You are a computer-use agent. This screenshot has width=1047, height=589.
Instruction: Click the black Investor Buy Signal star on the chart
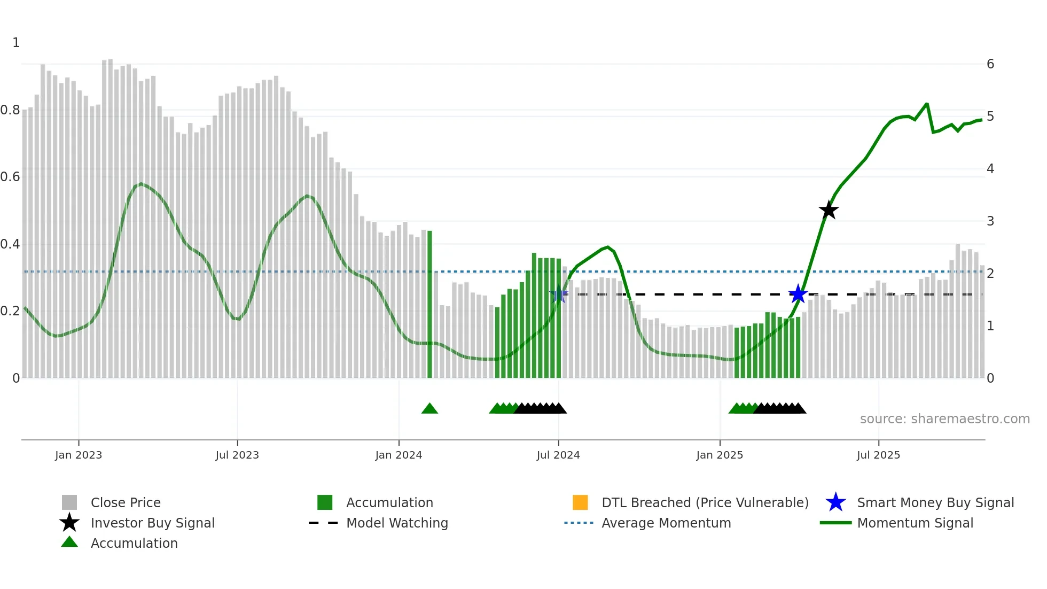point(829,211)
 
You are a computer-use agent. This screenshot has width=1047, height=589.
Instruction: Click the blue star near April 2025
point(798,294)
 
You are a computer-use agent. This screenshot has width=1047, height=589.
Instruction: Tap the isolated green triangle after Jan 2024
point(429,409)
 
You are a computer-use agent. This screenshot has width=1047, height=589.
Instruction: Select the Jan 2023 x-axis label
point(79,455)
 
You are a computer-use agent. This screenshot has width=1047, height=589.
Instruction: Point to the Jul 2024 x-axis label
point(558,455)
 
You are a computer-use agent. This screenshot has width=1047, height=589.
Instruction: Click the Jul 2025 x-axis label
point(878,455)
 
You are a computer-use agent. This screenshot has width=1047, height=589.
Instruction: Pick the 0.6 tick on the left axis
point(10,177)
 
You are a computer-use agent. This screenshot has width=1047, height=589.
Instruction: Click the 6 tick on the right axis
point(990,64)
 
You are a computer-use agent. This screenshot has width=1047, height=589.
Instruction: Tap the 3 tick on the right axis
point(990,221)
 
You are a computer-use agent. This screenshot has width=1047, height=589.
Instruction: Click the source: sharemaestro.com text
point(944,419)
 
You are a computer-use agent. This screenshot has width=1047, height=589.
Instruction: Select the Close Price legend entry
point(126,502)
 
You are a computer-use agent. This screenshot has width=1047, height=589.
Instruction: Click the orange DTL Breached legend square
point(580,502)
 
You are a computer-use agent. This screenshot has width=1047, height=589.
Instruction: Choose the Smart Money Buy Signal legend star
point(835,502)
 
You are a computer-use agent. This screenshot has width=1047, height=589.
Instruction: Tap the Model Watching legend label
point(397,523)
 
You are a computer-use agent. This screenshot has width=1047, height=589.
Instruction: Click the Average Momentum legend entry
point(666,523)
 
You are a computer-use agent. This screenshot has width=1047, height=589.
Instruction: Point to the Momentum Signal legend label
point(915,523)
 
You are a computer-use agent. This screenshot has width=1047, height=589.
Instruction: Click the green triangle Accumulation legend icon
point(69,542)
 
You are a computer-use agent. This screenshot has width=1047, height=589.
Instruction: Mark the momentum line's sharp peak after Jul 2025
point(926,104)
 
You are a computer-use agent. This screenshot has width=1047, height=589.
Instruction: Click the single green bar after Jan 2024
point(429,305)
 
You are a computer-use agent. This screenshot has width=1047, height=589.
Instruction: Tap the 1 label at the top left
point(16,43)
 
